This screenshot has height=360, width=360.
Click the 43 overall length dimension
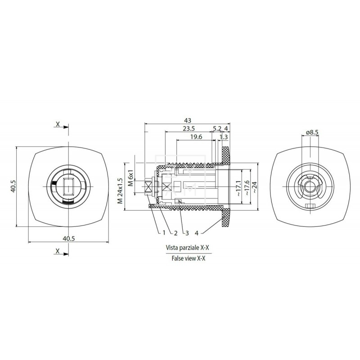[x=188, y=121]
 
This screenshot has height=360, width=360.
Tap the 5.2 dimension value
[x=216, y=128]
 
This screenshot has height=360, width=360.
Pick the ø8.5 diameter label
[x=312, y=132]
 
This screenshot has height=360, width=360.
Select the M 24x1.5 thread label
[x=120, y=191]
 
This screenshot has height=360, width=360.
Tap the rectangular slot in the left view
[x=68, y=186]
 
